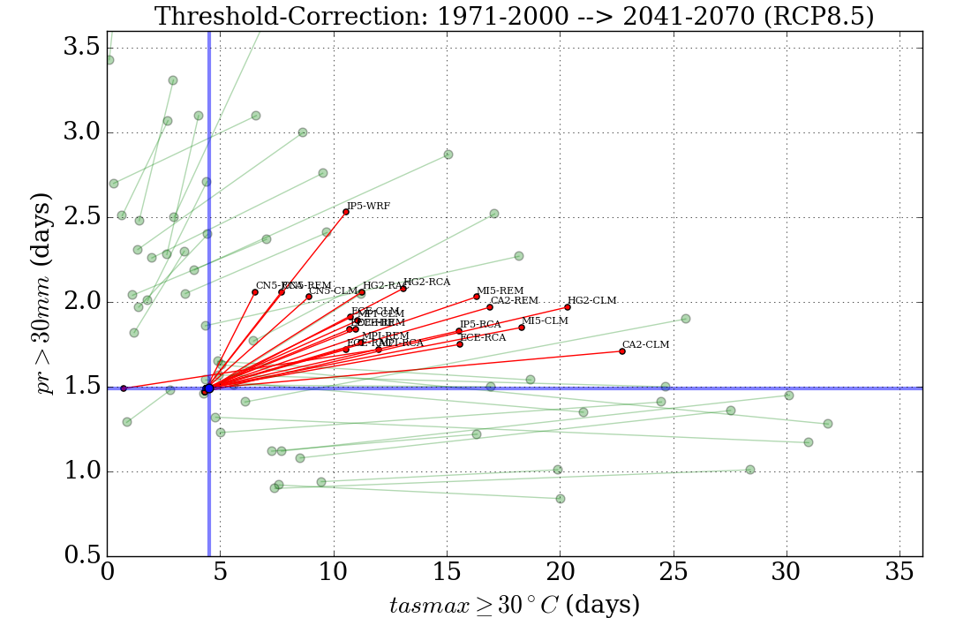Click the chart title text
coord(514,16)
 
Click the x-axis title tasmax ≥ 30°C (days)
coord(514,604)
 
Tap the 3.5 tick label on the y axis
coord(80,48)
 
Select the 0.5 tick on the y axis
coord(80,556)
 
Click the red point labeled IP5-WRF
coord(346,212)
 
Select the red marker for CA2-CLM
coord(622,351)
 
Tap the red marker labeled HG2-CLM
coord(568,307)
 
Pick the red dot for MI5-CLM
coord(522,328)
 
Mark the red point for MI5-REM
coord(477,297)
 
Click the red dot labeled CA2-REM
coord(490,307)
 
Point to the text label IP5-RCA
coord(480,325)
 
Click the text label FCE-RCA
coord(483,337)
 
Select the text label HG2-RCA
coord(426,283)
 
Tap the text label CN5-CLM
coord(333,290)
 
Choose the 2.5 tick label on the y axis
coord(80,217)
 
